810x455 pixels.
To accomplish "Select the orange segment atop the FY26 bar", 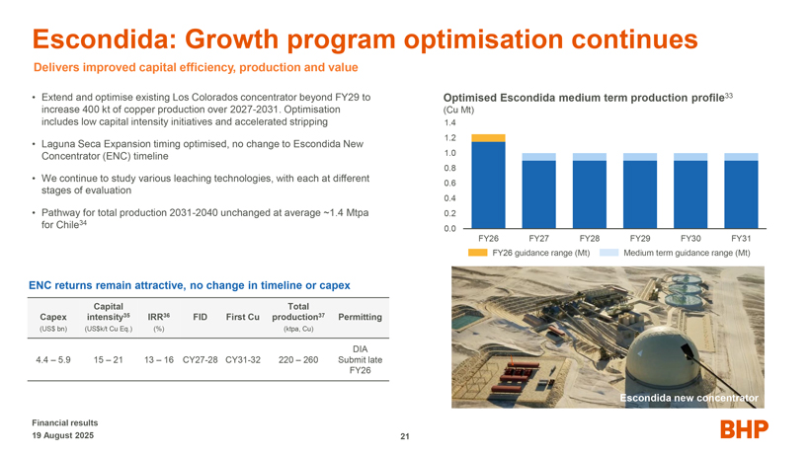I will coord(489,138).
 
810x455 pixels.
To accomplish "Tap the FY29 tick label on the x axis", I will coord(639,239).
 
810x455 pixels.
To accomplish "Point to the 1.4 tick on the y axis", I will coord(449,123).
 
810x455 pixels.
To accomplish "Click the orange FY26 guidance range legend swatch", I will coord(477,253).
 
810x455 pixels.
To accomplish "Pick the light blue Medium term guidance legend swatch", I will coord(608,253).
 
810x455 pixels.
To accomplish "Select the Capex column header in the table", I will coord(53,317).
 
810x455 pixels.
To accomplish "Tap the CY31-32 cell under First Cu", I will coord(242,359).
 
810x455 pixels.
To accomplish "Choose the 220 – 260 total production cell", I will coord(297,359).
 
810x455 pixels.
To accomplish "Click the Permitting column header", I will coord(360,317).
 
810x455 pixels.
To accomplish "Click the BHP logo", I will coord(744,428).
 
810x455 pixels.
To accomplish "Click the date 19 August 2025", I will coord(62,435).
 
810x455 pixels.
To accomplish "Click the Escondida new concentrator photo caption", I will coord(688,398).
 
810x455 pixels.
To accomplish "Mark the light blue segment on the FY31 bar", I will coord(741,157).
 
